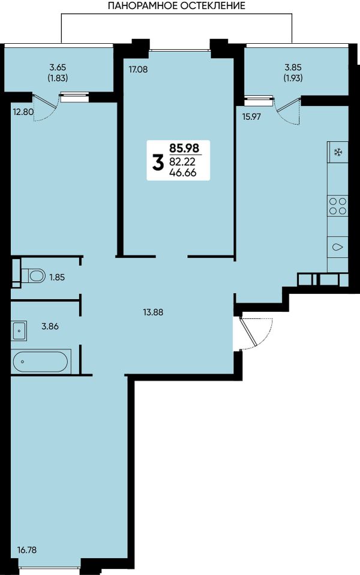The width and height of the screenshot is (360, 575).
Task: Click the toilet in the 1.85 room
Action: coord(33,275)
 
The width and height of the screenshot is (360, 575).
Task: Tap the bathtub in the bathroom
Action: coord(40,362)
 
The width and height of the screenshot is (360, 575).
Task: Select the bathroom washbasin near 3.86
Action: coord(19,330)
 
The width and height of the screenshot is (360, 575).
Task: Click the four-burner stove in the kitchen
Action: coord(338,206)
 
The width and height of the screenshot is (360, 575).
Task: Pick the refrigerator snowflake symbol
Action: coord(337,152)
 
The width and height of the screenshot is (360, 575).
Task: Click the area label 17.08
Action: coord(138,69)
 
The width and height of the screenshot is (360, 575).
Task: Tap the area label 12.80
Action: coord(23,112)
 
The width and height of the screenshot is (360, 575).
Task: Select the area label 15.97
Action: coord(251,117)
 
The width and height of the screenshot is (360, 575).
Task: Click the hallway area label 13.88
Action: coord(153,312)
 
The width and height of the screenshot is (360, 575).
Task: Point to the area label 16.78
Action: coord(27,550)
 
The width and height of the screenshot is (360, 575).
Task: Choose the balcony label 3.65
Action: coord(58,68)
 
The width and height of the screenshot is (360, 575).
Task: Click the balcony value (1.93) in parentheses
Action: coord(293,78)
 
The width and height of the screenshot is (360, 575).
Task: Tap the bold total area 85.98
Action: coord(184,148)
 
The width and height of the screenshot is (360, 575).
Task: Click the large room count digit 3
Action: coord(158,163)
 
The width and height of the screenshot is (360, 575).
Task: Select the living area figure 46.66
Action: coord(183,173)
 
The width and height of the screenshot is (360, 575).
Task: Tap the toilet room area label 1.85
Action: coord(57,277)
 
